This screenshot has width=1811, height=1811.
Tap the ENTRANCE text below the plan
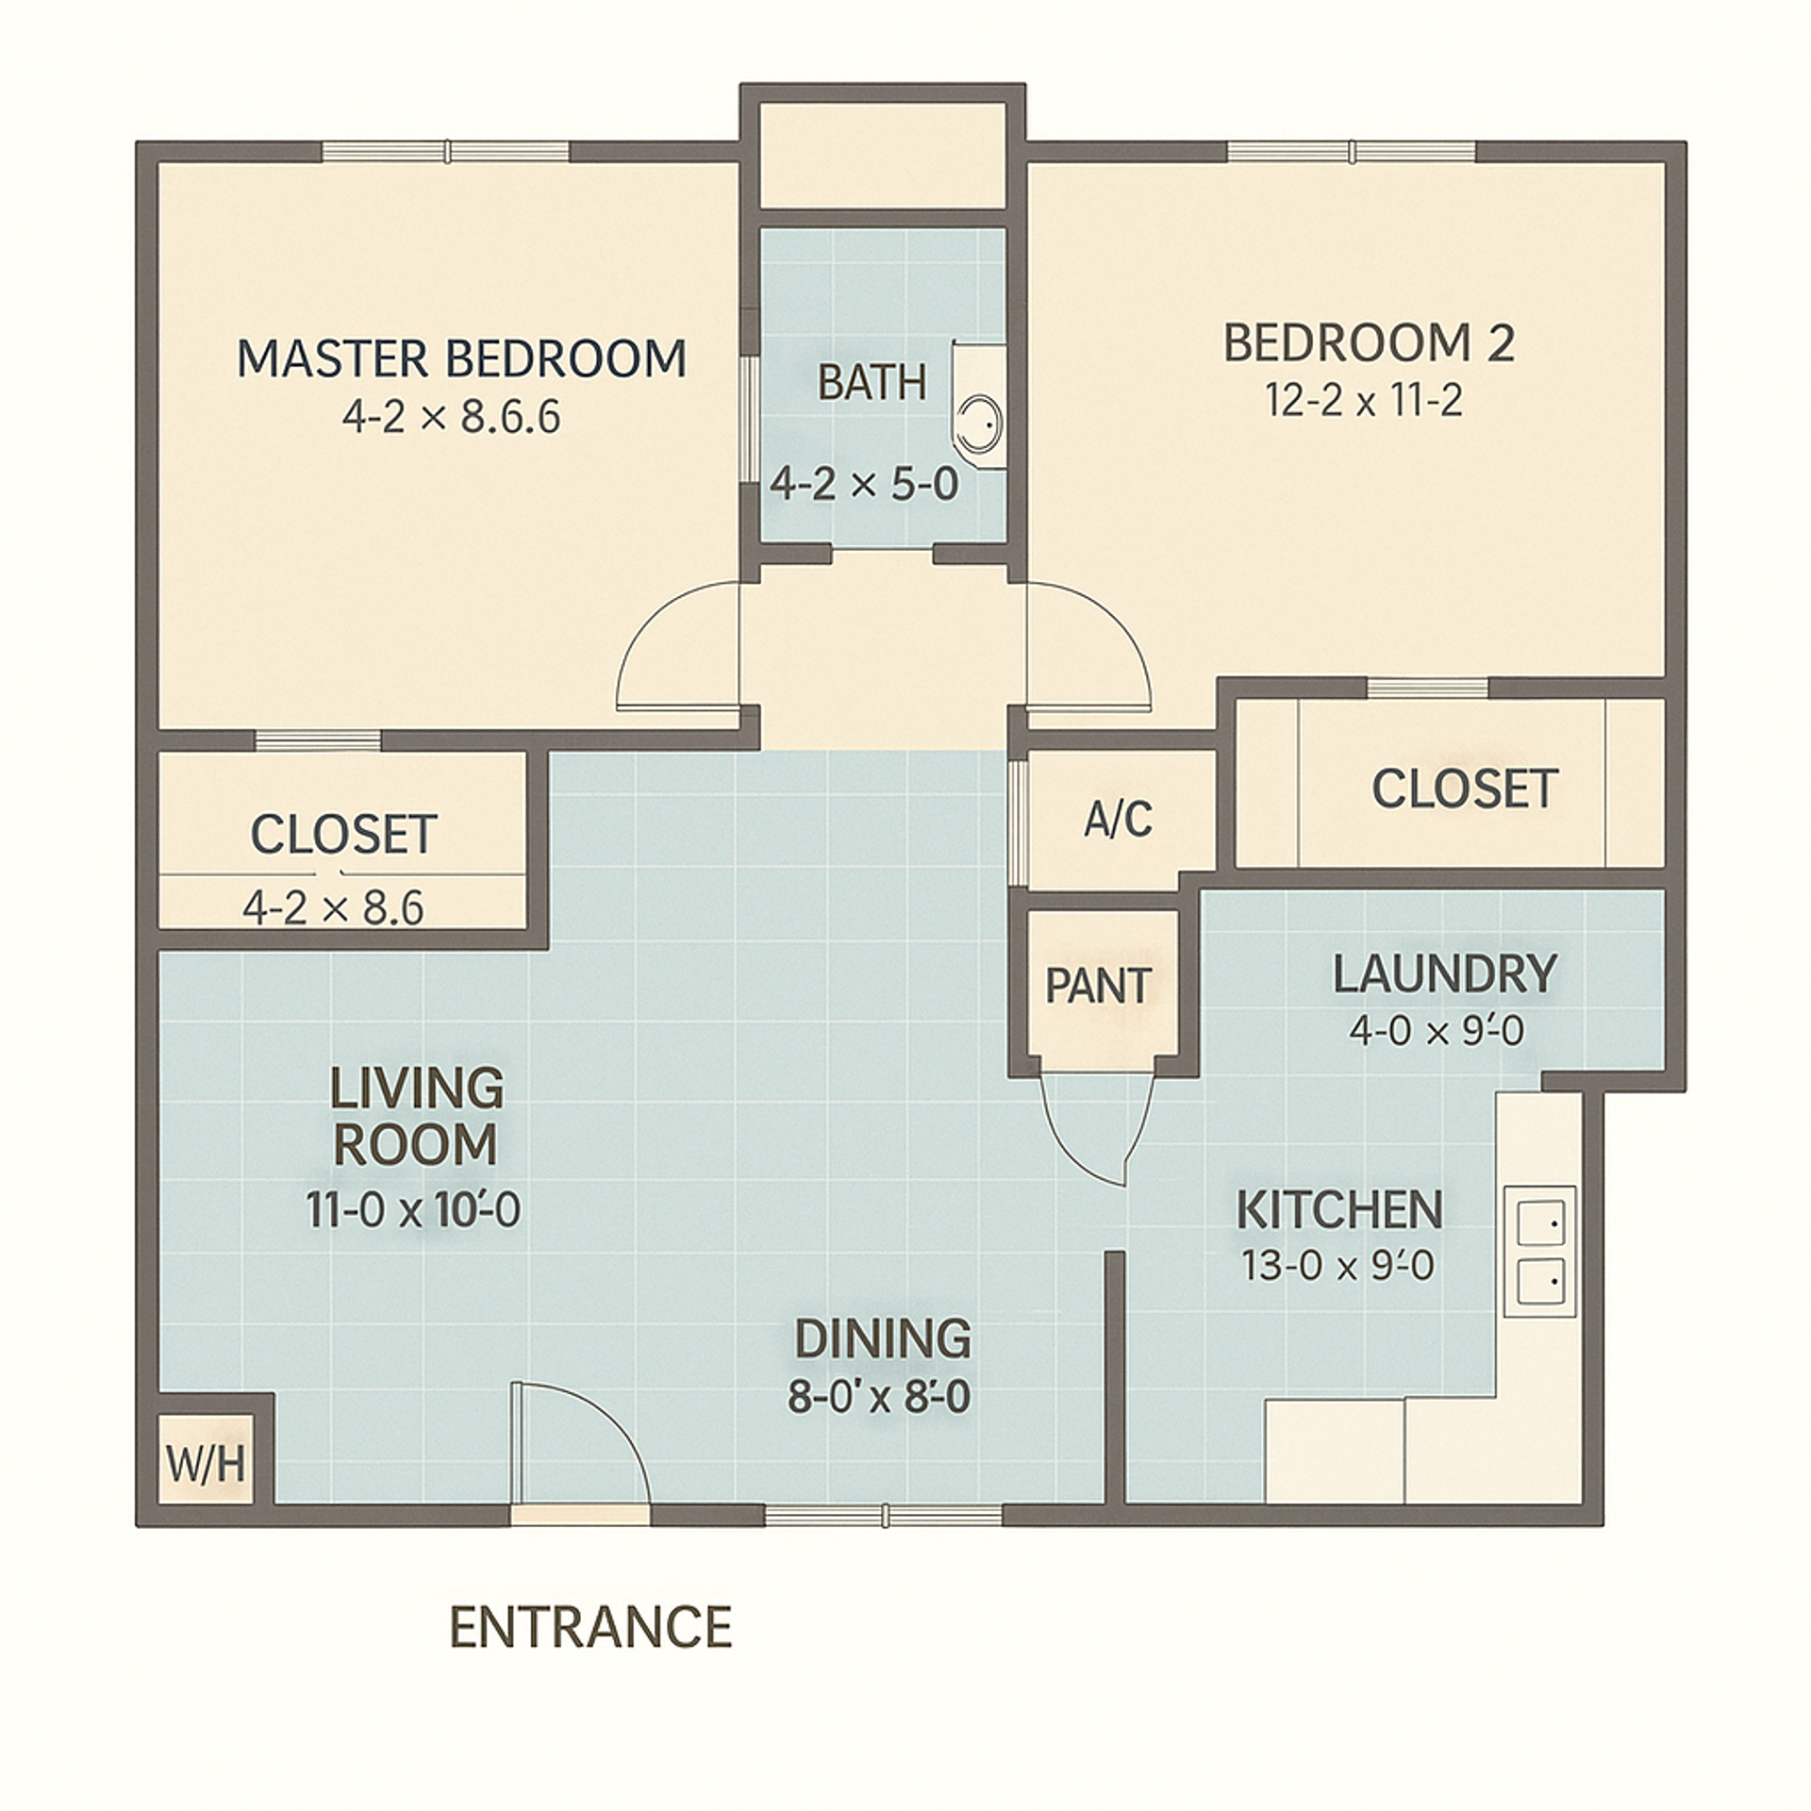click(x=591, y=1627)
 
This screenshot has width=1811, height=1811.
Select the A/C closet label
click(x=1118, y=819)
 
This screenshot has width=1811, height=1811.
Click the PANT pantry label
click(x=1099, y=987)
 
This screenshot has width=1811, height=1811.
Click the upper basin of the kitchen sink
click(x=1539, y=1223)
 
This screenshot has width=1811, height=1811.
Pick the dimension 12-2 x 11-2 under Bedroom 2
click(x=1364, y=401)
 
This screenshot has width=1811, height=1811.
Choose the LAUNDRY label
click(x=1444, y=974)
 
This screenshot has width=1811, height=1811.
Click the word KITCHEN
click(x=1339, y=1210)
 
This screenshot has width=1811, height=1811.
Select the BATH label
click(x=872, y=383)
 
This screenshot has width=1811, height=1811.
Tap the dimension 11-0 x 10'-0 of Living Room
click(x=413, y=1210)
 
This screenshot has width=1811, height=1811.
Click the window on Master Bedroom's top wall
click(x=446, y=151)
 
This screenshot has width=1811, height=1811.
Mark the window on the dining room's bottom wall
click(x=883, y=1516)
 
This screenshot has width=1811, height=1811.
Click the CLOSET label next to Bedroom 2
click(x=1464, y=789)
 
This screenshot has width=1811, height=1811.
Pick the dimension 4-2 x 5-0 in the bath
click(x=864, y=485)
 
